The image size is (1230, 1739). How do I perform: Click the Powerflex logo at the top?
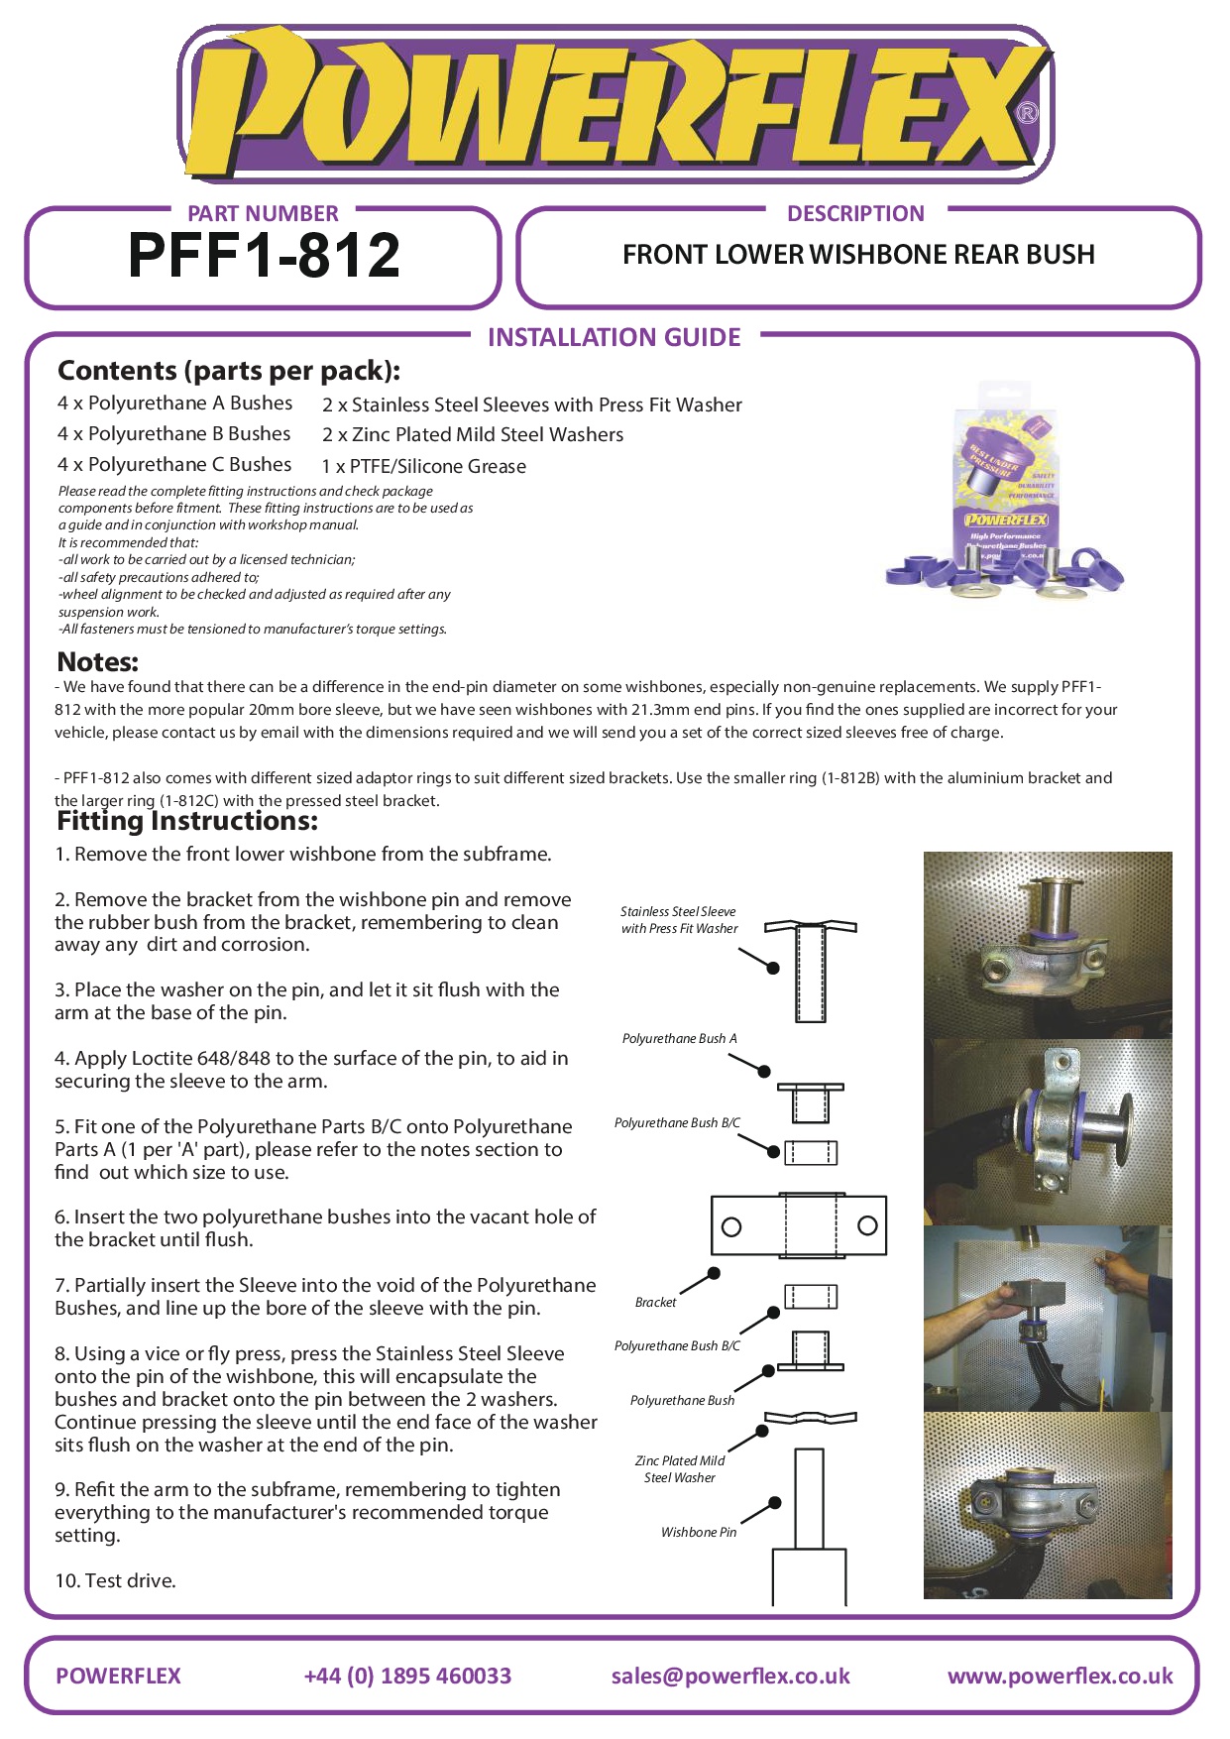click(x=615, y=104)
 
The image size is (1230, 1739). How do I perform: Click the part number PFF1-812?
click(x=264, y=256)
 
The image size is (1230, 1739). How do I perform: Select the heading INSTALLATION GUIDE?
click(x=614, y=337)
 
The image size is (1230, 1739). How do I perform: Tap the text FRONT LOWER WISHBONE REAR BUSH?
click(x=858, y=255)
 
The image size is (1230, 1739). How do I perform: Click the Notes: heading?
click(x=98, y=661)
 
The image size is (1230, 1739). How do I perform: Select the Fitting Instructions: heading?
click(x=187, y=821)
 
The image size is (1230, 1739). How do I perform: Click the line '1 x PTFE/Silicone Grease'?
click(x=423, y=466)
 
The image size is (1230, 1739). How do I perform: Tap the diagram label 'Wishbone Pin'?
click(x=699, y=1532)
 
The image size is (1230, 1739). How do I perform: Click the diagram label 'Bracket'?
click(x=655, y=1302)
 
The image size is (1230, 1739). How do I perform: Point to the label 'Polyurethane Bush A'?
click(x=679, y=1038)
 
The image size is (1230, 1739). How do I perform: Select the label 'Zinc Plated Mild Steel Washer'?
click(x=680, y=1468)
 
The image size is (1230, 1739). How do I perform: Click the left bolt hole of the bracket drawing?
click(x=731, y=1226)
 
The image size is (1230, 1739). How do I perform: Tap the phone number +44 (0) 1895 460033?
click(x=407, y=1676)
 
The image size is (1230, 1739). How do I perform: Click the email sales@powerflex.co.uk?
click(x=730, y=1676)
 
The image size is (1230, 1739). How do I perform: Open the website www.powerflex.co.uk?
click(x=1060, y=1676)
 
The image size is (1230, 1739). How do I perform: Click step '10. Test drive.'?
click(x=115, y=1580)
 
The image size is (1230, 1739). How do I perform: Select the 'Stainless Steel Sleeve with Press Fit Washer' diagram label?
click(x=679, y=919)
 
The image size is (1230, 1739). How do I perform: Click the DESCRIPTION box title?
click(x=855, y=213)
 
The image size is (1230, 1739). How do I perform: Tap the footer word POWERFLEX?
click(x=118, y=1676)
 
